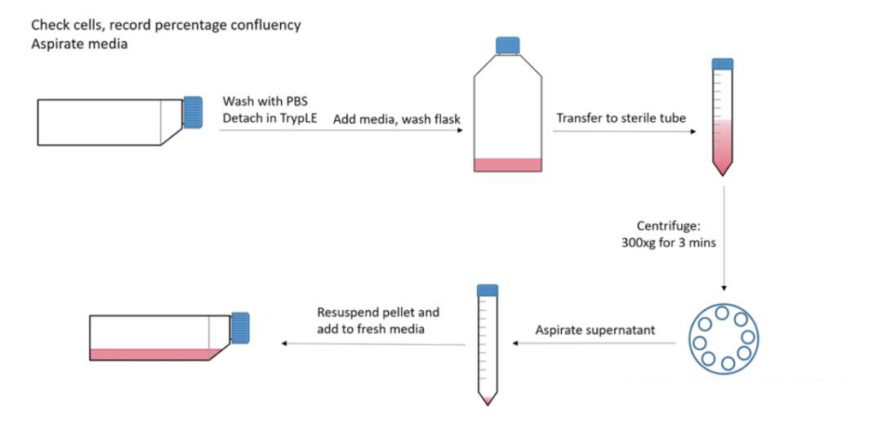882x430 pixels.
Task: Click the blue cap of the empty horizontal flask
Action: pos(193,112)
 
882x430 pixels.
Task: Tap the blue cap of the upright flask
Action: pos(508,45)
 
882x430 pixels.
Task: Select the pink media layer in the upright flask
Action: pos(507,164)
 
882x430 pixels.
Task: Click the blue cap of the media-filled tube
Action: pos(722,64)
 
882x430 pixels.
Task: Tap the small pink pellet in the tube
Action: pos(487,399)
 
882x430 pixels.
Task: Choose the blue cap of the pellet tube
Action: pos(487,289)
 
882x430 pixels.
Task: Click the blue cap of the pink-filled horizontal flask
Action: pos(240,328)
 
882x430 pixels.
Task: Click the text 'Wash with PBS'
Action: pos(261,101)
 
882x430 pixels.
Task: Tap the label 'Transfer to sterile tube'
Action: pos(621,119)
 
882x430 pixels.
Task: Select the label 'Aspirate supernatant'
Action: pos(594,330)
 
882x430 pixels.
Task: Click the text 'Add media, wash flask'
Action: pos(397,119)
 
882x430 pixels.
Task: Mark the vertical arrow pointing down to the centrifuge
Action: pos(722,237)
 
